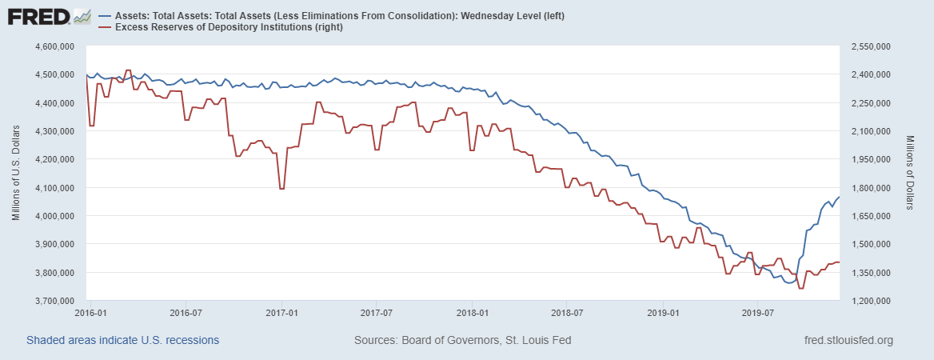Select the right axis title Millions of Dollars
[x=911, y=173]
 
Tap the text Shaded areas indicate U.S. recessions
[x=122, y=340]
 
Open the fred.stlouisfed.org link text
[x=848, y=340]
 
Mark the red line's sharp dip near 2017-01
[x=281, y=189]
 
